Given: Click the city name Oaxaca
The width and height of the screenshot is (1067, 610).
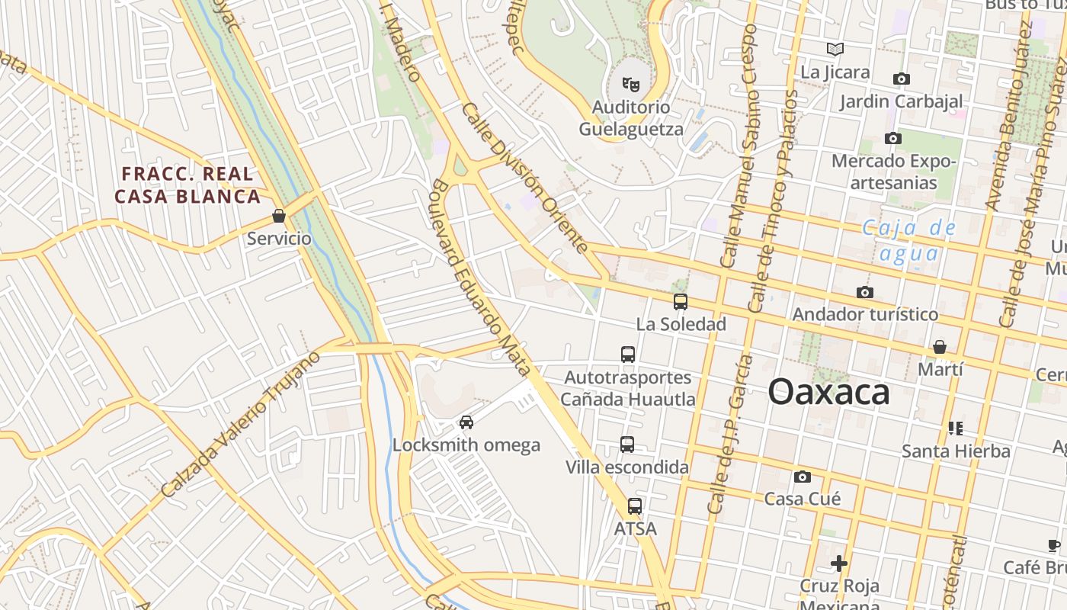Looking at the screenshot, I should point(828,392).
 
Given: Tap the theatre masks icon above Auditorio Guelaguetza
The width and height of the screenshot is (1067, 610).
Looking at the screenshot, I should point(630,83).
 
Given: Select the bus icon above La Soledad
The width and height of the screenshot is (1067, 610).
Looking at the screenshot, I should point(681,302).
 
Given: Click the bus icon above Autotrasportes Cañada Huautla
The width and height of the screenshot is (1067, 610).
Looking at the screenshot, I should point(628,355).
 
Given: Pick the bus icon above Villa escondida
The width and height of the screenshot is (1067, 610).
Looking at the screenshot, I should point(627,445).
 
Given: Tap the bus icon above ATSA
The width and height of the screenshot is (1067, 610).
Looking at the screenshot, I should point(635,506).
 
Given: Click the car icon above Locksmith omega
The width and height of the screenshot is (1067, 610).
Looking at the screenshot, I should point(466,422).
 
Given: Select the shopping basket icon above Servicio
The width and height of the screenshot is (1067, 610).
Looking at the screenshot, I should point(279,216).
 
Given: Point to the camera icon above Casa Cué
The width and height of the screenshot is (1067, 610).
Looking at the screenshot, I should point(803,477).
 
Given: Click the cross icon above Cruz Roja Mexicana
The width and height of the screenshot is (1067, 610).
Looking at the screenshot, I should point(839,563).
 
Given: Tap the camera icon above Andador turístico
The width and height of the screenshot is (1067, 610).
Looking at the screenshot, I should point(865,292).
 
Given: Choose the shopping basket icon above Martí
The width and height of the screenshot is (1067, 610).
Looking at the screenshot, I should point(940,347).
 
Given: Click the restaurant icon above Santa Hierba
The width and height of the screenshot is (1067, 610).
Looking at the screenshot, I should point(956,429).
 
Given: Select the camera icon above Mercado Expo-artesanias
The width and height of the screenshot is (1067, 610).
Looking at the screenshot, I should point(893,139).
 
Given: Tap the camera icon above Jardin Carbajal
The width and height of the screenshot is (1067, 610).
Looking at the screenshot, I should point(902,79).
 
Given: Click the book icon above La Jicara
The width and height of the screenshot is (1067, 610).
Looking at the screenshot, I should point(835,50).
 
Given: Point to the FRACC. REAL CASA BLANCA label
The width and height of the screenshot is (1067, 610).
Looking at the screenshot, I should point(187,185).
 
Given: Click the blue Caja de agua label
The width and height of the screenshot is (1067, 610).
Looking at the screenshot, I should point(909,240).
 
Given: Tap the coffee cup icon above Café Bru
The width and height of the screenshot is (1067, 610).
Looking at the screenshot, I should point(1054,545).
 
